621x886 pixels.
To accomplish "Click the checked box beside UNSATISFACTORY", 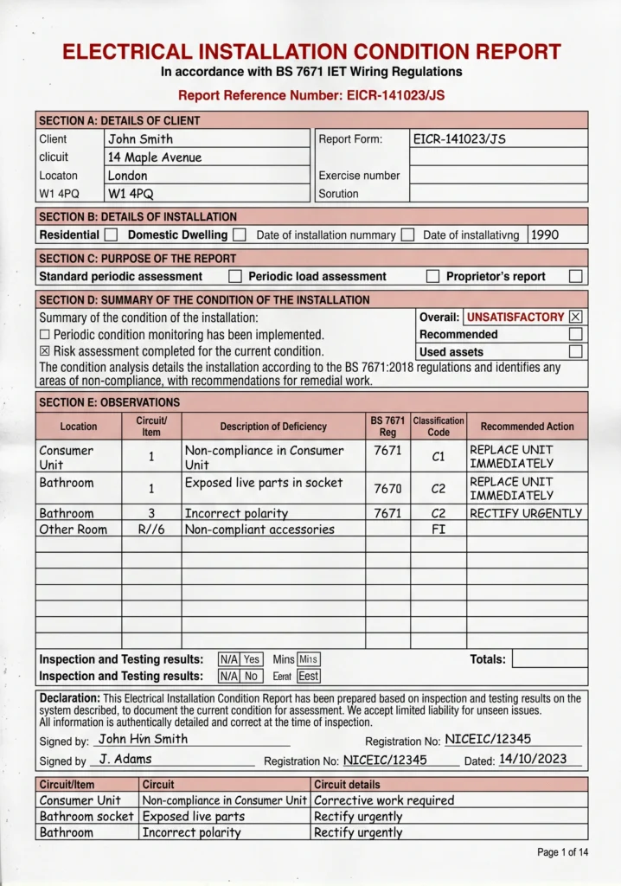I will [x=576, y=318].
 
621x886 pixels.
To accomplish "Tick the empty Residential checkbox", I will [x=111, y=234].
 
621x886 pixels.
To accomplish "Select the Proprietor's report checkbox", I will [x=575, y=277].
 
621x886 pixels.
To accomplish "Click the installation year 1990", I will [x=545, y=234].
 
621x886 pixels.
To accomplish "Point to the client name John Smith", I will [x=140, y=138].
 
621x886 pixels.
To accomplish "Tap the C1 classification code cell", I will [x=439, y=457].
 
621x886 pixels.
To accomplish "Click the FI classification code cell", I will [x=439, y=529].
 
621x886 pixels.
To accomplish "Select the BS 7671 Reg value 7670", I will [x=387, y=489].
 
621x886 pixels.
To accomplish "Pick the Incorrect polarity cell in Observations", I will [x=236, y=513].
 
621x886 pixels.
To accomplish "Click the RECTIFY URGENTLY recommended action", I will [x=526, y=513].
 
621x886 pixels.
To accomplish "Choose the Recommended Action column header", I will [x=527, y=427].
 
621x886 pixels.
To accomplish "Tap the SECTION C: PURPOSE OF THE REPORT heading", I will [x=138, y=258].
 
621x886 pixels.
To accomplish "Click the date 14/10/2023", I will [x=533, y=759].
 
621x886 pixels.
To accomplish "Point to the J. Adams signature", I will [x=125, y=759].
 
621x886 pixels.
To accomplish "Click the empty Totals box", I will [x=549, y=659].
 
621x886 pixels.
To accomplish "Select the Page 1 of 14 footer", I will [x=562, y=852].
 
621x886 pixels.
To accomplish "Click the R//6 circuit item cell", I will [x=151, y=529].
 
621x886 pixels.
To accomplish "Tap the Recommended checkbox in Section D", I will [x=575, y=335].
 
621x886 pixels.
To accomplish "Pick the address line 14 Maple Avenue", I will [x=155, y=157].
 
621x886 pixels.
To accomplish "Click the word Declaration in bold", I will [x=69, y=698].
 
